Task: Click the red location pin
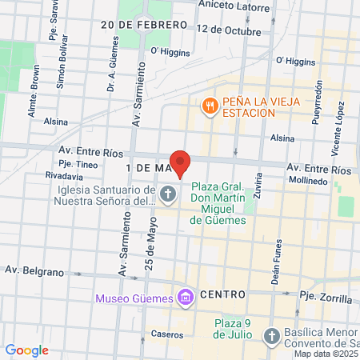(180, 162)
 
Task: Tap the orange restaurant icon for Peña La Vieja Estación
(210, 105)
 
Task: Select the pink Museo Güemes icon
(186, 298)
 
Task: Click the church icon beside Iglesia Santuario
(168, 193)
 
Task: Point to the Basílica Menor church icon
(271, 335)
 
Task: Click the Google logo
(26, 350)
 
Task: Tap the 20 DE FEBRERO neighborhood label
(143, 25)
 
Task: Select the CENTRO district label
(222, 294)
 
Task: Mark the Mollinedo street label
(310, 182)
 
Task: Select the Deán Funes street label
(279, 260)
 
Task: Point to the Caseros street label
(167, 334)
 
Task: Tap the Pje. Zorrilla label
(326, 298)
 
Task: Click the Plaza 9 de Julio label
(233, 328)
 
